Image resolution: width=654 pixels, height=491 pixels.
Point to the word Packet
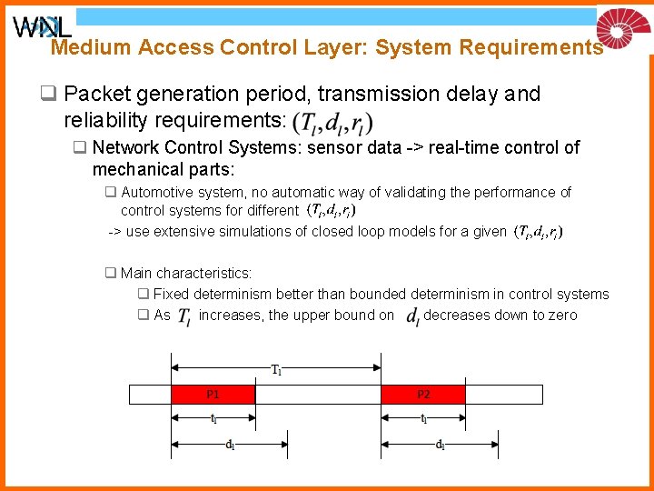click(x=97, y=94)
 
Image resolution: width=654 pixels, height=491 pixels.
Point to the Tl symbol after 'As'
click(x=183, y=316)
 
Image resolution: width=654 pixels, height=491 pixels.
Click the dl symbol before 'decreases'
click(x=412, y=316)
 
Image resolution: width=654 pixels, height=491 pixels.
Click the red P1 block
click(x=213, y=394)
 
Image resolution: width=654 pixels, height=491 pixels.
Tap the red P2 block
click(x=423, y=394)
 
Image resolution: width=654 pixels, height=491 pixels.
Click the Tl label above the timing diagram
click(x=276, y=369)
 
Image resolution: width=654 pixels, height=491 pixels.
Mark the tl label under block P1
click(x=213, y=419)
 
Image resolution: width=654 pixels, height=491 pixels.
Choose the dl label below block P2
click(x=440, y=445)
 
